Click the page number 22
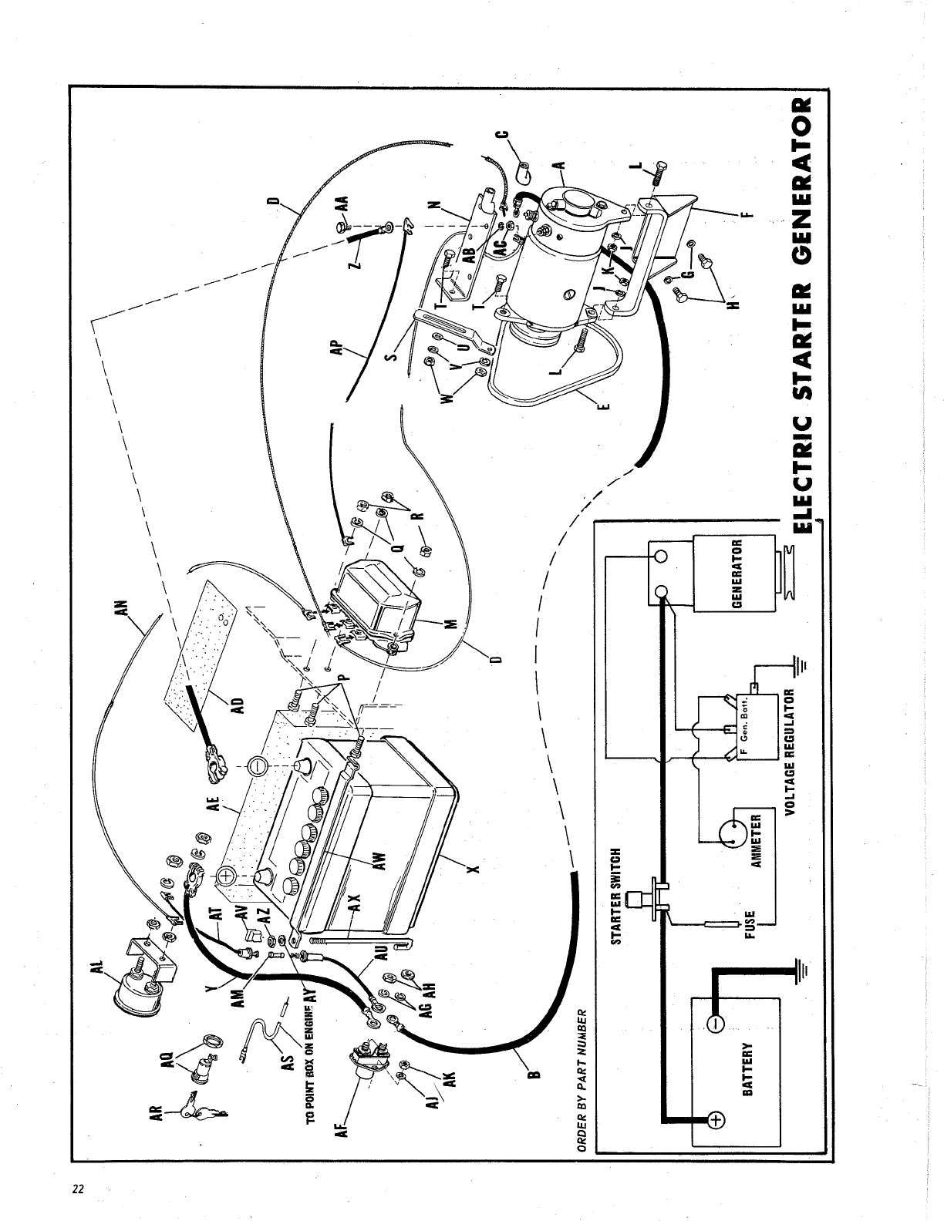[77, 1188]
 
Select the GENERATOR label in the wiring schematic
[736, 574]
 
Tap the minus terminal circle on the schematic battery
[713, 1024]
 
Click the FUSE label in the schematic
[749, 920]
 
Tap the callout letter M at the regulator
[450, 623]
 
